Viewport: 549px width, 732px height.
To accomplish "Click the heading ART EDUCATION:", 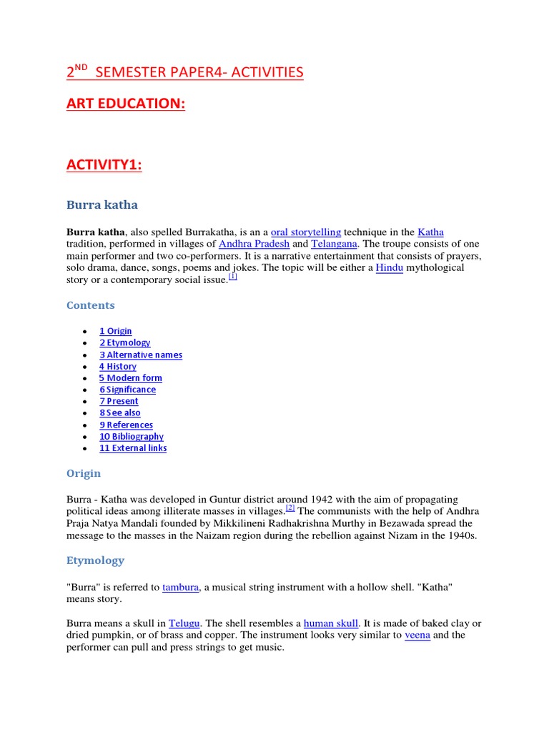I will [126, 104].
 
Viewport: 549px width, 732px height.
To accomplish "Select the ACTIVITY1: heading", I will [104, 165].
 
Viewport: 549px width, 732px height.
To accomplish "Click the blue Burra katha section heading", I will [102, 205].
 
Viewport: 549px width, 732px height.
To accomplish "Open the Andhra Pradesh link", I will [254, 244].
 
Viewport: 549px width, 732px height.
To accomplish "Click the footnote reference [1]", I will [233, 277].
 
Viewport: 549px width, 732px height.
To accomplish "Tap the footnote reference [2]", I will [290, 508].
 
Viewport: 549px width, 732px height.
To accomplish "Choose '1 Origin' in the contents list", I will [115, 331].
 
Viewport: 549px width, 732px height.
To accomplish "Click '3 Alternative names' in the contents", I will [140, 355].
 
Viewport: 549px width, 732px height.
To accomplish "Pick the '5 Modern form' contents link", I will [130, 378].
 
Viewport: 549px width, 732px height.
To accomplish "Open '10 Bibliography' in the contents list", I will [132, 437].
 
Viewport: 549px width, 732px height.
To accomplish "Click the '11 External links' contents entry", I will [133, 448].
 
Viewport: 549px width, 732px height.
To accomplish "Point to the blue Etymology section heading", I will [95, 560].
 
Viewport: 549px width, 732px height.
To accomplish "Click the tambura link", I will [181, 587].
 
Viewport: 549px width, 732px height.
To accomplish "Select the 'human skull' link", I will [331, 623].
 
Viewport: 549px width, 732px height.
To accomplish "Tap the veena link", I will [417, 635].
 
